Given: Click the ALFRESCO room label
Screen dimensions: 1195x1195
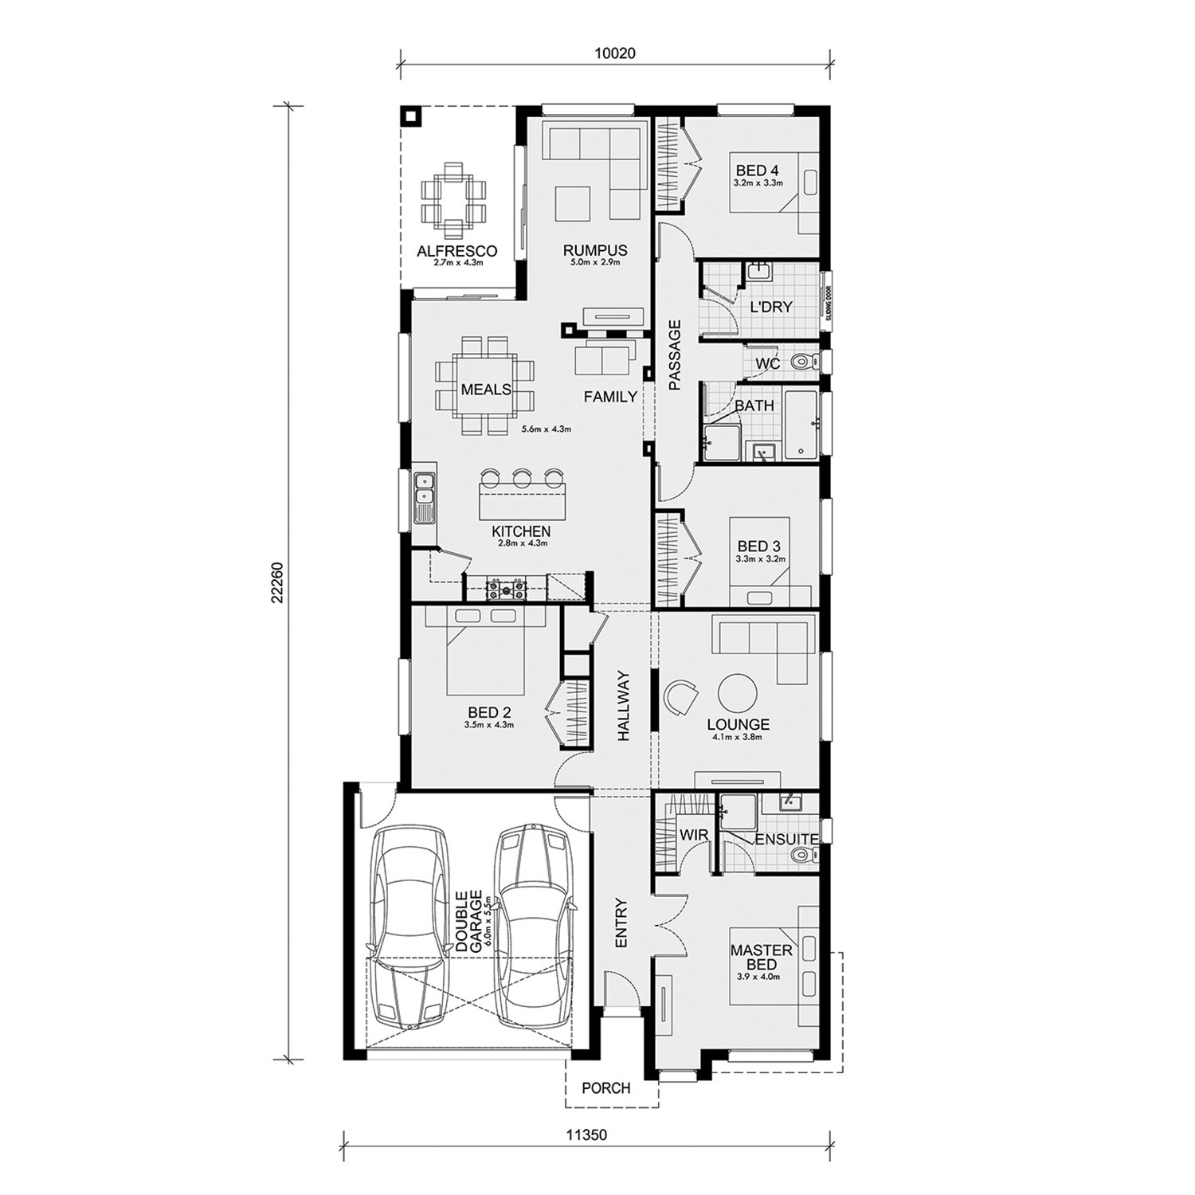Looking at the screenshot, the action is pos(457,251).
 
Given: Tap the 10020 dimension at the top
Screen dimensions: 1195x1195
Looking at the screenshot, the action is pos(615,54).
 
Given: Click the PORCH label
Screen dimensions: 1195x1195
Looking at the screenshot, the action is pos(605,1088).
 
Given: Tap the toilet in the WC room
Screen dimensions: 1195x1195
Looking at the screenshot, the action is pos(805,363).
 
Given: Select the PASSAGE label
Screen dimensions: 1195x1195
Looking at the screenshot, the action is pos(675,355).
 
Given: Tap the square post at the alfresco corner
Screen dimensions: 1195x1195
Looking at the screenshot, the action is pos(411,117).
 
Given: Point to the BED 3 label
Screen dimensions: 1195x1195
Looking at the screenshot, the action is pos(758,547).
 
